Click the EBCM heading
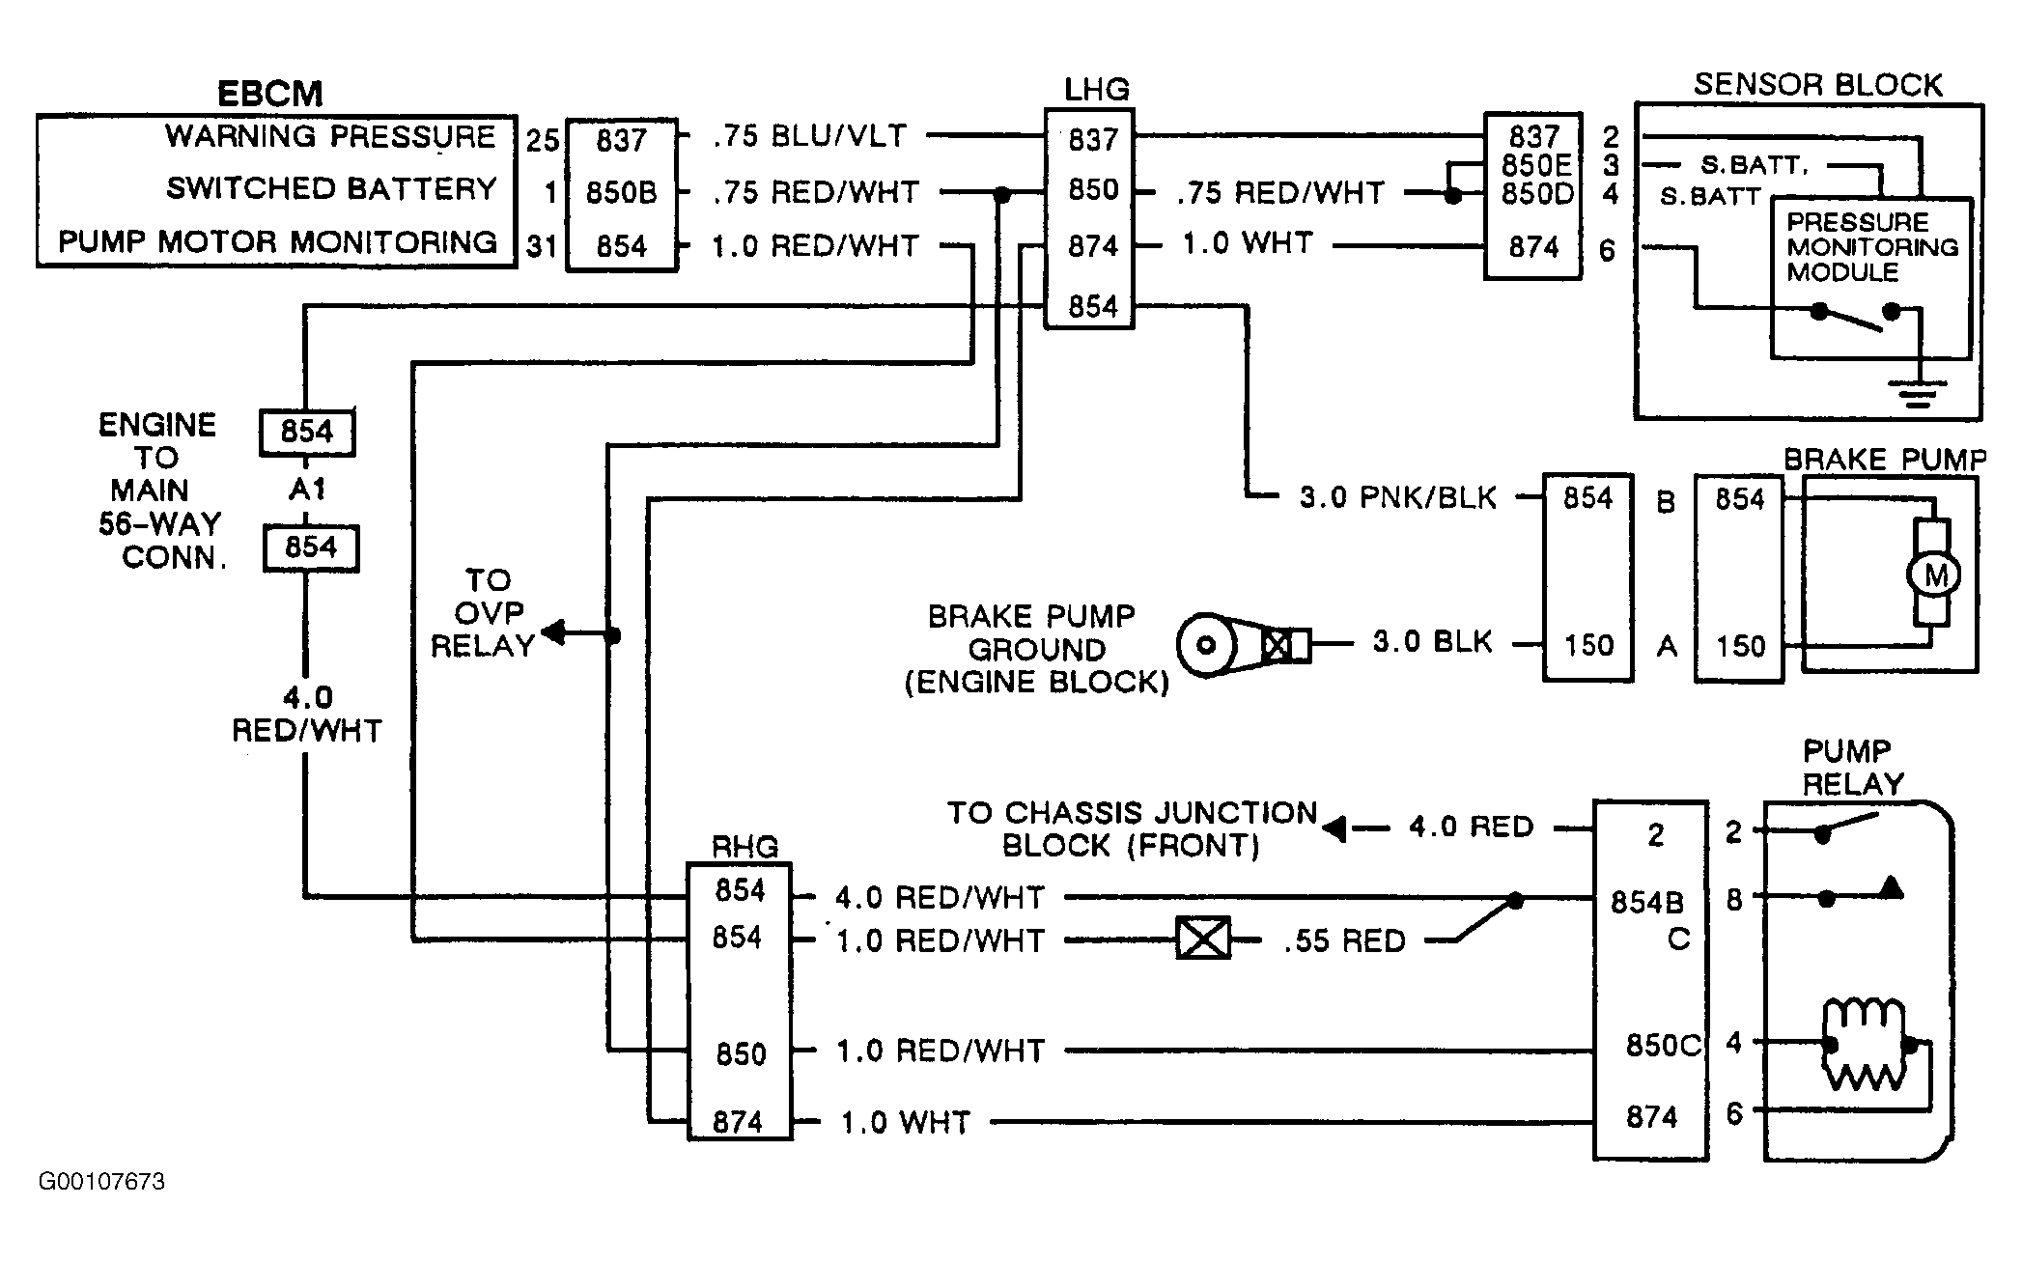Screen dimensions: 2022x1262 pyautogui.click(x=269, y=94)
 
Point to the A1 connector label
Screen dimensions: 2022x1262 pyautogui.click(x=308, y=490)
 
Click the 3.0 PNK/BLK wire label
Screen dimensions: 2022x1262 pyautogui.click(x=1397, y=497)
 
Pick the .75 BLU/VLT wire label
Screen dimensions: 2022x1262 pyautogui.click(x=810, y=136)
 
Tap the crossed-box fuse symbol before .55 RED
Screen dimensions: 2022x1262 pyautogui.click(x=1203, y=938)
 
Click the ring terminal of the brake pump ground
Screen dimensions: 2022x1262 pyautogui.click(x=1205, y=645)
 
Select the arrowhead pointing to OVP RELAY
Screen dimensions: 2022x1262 pyautogui.click(x=553, y=633)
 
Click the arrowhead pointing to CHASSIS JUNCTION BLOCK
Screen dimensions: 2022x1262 pyautogui.click(x=1334, y=828)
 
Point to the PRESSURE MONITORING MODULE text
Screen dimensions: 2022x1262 pyautogui.click(x=1871, y=247)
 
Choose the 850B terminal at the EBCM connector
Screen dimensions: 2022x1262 pyautogui.click(x=621, y=192)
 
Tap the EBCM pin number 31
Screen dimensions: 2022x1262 pyautogui.click(x=543, y=246)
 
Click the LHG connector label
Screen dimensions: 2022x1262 pyautogui.click(x=1097, y=90)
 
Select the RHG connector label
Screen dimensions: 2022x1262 pyautogui.click(x=744, y=847)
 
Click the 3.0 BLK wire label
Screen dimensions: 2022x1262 pyautogui.click(x=1433, y=641)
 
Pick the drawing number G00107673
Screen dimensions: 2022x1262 pyautogui.click(x=101, y=1182)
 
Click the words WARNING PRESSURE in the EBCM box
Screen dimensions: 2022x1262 pyautogui.click(x=330, y=136)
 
